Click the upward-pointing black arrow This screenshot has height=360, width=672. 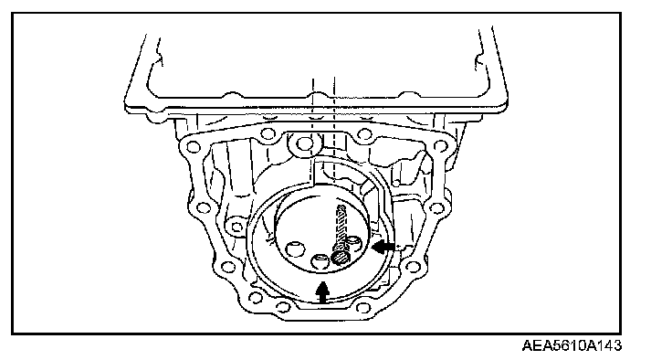[322, 292]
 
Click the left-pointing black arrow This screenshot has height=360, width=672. [383, 247]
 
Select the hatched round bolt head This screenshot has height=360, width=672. [341, 258]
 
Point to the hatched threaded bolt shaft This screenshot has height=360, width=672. [341, 227]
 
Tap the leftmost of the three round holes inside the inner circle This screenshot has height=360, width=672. [294, 248]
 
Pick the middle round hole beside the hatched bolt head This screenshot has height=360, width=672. [320, 261]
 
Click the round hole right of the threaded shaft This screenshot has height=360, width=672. [355, 242]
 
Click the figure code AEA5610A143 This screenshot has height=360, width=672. [572, 345]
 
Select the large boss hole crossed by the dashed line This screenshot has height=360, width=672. [305, 143]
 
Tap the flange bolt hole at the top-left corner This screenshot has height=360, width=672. [193, 147]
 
